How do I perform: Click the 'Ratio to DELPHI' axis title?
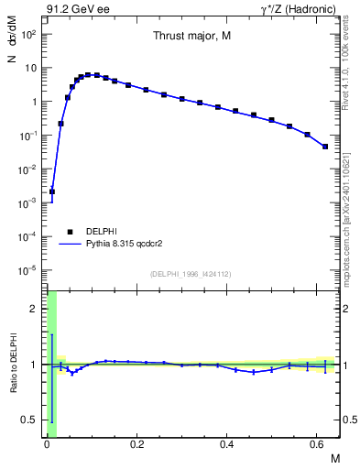click(13, 365)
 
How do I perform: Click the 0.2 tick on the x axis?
click(136, 443)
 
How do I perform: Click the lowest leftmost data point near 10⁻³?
click(52, 192)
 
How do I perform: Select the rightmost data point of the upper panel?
click(325, 147)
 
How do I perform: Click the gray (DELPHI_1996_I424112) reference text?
click(191, 273)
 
